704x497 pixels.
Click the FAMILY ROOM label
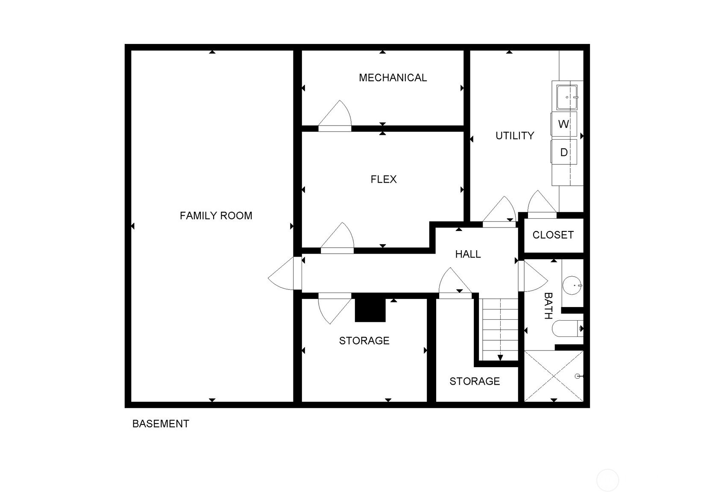coord(216,216)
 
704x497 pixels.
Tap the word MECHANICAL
coord(393,78)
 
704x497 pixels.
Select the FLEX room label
coord(384,179)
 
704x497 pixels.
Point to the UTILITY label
coord(515,135)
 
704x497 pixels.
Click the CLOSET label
coord(553,235)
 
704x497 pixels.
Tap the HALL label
coord(468,254)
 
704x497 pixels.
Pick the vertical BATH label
coord(548,306)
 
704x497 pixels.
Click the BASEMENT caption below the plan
coord(161,424)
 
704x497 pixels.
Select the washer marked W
coord(564,124)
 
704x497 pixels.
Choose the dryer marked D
coord(564,152)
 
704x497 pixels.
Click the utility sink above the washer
coord(567,97)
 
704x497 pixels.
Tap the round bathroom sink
coord(572,285)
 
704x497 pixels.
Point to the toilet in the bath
coord(568,329)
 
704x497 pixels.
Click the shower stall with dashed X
coord(554,376)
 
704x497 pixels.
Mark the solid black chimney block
coord(370,310)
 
